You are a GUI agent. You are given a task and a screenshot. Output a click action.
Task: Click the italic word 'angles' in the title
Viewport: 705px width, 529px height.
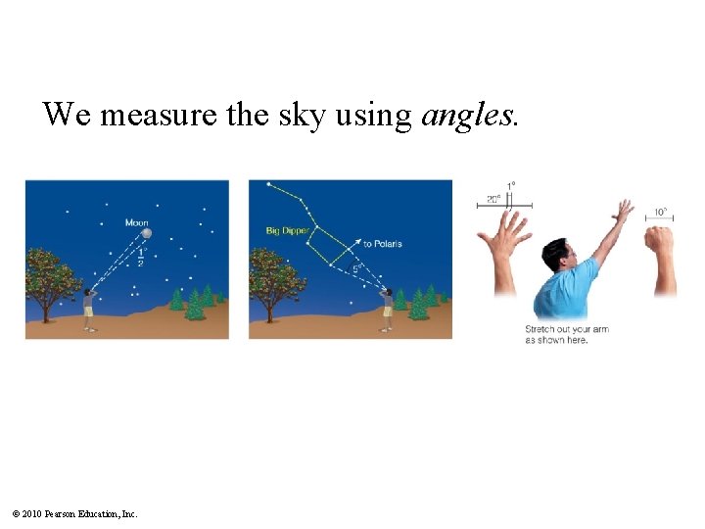[x=465, y=116]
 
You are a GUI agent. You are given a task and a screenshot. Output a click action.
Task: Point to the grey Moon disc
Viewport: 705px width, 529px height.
[x=146, y=233]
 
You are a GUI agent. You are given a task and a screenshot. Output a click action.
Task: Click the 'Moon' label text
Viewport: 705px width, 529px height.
[x=136, y=222]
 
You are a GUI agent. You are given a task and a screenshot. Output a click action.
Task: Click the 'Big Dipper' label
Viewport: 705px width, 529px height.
[x=286, y=231]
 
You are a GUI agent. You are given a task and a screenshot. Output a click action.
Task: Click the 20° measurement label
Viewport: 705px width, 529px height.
[x=493, y=199]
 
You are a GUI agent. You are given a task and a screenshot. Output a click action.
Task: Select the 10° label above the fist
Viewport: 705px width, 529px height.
[x=661, y=212]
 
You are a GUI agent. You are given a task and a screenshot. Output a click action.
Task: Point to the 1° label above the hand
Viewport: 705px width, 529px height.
[x=511, y=185]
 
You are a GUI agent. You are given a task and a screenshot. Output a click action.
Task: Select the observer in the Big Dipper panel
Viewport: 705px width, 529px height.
[x=388, y=307]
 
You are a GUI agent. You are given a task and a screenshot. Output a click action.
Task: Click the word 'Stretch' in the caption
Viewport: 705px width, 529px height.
[x=540, y=329]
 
